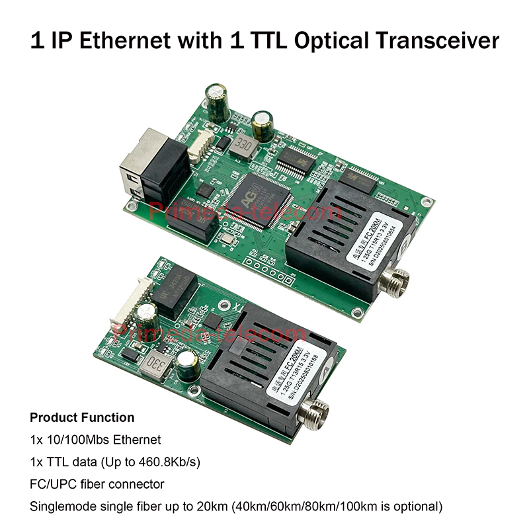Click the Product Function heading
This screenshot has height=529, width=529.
82,418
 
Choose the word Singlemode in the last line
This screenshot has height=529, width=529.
61,507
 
